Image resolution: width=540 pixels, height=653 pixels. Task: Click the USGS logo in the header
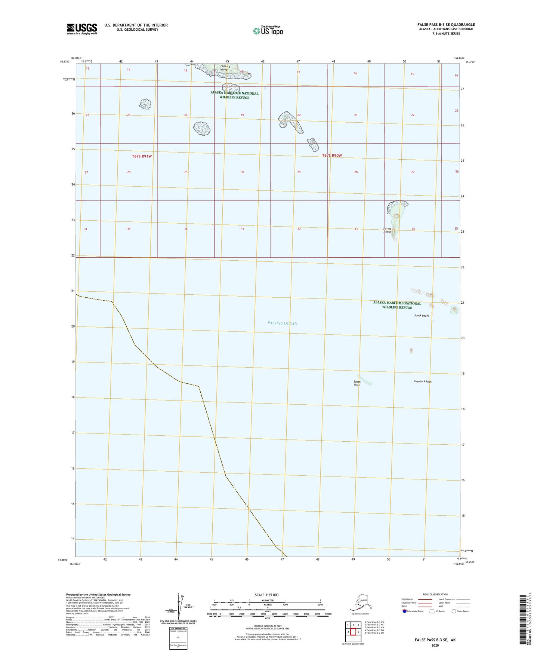(x=82, y=29)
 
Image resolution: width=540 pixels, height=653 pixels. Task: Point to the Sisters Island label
(x=387, y=230)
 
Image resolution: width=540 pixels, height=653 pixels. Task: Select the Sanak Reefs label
(x=421, y=316)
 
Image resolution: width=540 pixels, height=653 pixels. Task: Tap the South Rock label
(x=357, y=383)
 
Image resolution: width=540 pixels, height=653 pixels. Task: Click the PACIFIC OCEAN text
(x=282, y=323)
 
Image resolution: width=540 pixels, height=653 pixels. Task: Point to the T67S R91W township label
(x=142, y=156)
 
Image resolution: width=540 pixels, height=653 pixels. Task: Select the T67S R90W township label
(x=332, y=155)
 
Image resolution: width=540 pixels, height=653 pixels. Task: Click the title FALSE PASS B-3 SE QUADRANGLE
(x=446, y=25)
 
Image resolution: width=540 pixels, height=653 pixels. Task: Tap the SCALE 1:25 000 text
(x=266, y=595)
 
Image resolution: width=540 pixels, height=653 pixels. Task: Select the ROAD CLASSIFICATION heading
(x=435, y=594)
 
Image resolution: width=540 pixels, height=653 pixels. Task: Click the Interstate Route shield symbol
(x=404, y=611)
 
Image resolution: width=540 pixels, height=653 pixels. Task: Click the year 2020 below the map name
(x=435, y=645)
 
